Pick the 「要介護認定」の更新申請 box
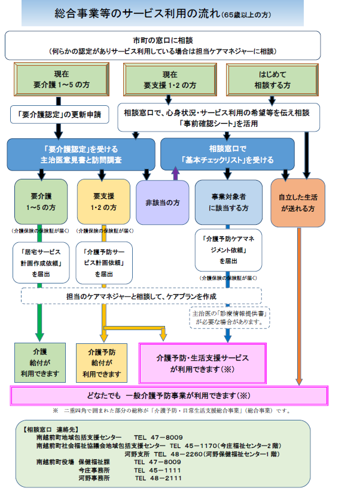pyautogui.click(x=60, y=114)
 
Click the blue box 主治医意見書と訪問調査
pyautogui.click(x=81, y=154)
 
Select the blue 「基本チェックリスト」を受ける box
pyautogui.click(x=227, y=154)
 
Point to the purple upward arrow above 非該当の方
pyautogui.click(x=176, y=173)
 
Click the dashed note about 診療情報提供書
pyautogui.click(x=228, y=317)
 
